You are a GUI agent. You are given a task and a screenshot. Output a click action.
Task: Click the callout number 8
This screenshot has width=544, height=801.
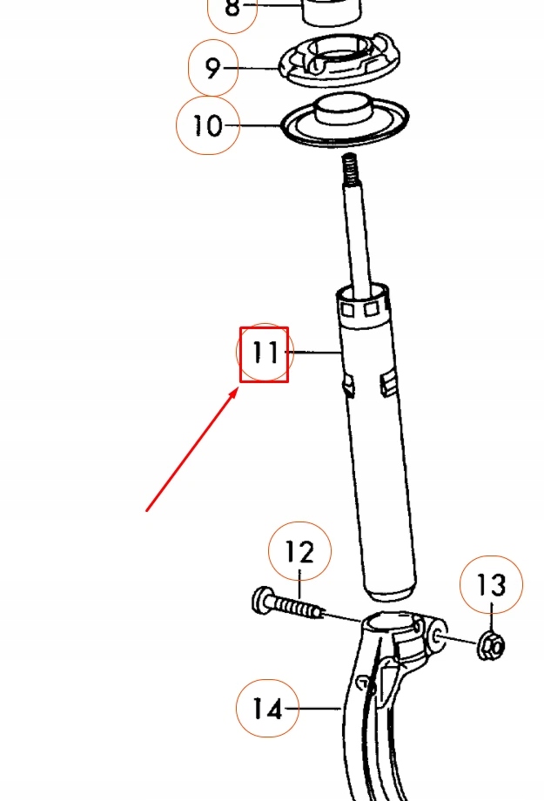[x=232, y=10]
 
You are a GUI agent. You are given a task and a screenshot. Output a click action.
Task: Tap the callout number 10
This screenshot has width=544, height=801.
[x=207, y=126]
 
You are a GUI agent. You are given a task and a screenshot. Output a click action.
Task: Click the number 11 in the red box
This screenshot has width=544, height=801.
[x=265, y=353]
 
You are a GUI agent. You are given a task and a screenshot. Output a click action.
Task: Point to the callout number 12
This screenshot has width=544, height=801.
[x=299, y=552]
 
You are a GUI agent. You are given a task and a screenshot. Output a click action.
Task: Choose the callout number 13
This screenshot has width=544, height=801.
[x=492, y=586]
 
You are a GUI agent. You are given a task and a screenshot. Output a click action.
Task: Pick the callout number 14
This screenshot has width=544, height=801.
[x=267, y=710]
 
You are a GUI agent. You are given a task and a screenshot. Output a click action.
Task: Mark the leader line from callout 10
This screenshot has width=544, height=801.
[x=261, y=127]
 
